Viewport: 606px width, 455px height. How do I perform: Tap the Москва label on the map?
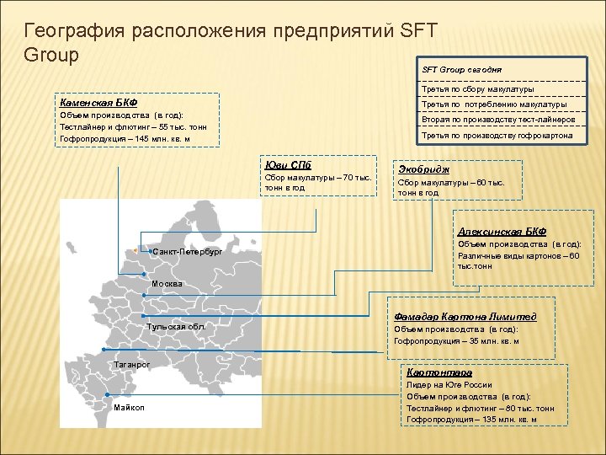tap(165, 284)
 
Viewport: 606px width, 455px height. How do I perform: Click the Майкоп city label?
tap(129, 408)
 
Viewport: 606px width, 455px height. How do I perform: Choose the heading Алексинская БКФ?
tap(502, 231)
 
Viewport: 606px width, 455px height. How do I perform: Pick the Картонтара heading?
tap(439, 372)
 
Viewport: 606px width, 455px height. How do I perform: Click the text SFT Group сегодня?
tap(461, 69)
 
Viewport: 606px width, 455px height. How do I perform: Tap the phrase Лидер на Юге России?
tap(449, 384)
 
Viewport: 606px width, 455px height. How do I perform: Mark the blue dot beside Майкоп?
tap(108, 394)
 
